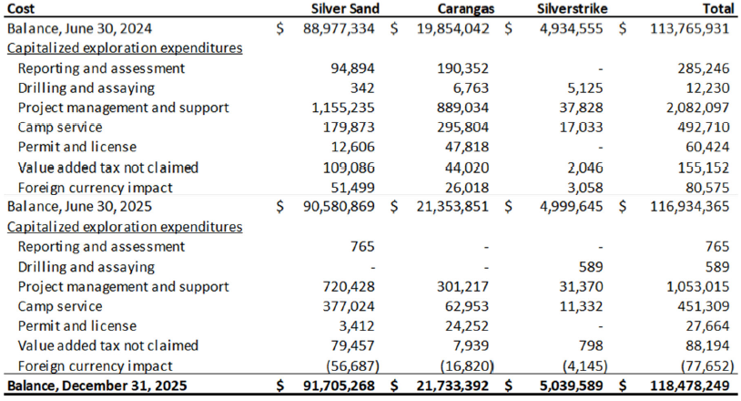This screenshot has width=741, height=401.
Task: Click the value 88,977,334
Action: click(337, 28)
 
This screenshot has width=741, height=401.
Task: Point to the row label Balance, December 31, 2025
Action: click(96, 386)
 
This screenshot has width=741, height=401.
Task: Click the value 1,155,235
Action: click(344, 108)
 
